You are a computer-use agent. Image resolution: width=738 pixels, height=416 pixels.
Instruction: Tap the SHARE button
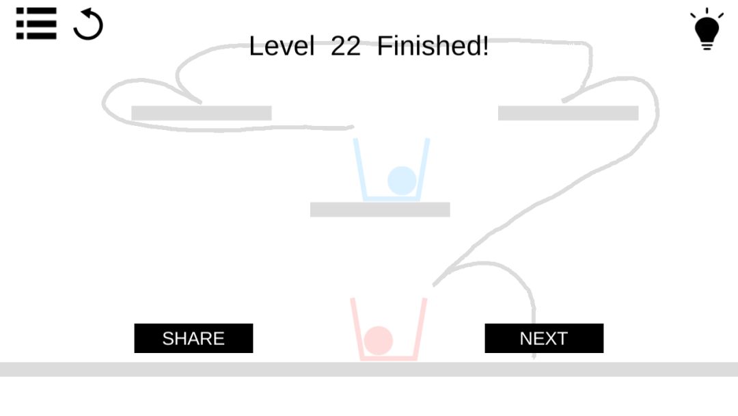(x=193, y=338)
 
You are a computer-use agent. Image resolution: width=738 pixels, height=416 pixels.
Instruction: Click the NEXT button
(x=544, y=338)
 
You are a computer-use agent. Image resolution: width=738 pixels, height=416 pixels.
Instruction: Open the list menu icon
(x=36, y=23)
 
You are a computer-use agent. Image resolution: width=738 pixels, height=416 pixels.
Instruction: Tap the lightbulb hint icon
(x=707, y=29)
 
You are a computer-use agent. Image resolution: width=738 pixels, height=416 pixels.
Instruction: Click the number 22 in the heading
(x=346, y=46)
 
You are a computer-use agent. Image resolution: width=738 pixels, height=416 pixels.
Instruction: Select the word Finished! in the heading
(x=433, y=46)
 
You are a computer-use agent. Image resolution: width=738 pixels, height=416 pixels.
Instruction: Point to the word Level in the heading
(x=282, y=46)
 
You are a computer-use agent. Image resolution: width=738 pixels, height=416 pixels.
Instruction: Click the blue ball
(x=402, y=181)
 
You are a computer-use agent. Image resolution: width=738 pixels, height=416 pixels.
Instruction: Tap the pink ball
(x=378, y=340)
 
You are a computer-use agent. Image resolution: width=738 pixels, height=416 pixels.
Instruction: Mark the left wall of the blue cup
(x=359, y=169)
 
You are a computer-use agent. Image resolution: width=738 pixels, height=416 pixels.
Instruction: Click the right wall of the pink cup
(x=420, y=328)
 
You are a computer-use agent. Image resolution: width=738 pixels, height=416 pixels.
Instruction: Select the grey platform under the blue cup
(x=380, y=209)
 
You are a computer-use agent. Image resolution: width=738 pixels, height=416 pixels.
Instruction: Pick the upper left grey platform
(x=202, y=113)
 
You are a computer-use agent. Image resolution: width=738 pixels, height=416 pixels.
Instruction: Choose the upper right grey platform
(x=568, y=113)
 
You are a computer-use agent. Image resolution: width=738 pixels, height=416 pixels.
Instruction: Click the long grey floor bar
(x=369, y=369)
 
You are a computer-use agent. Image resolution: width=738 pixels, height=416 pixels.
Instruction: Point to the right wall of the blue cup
(x=423, y=169)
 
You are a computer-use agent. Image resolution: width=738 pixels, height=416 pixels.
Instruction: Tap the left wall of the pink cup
(x=356, y=328)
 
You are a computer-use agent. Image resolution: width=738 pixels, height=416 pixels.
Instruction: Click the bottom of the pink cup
(x=389, y=358)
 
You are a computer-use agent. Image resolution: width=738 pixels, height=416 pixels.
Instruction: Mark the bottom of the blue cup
(x=391, y=198)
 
